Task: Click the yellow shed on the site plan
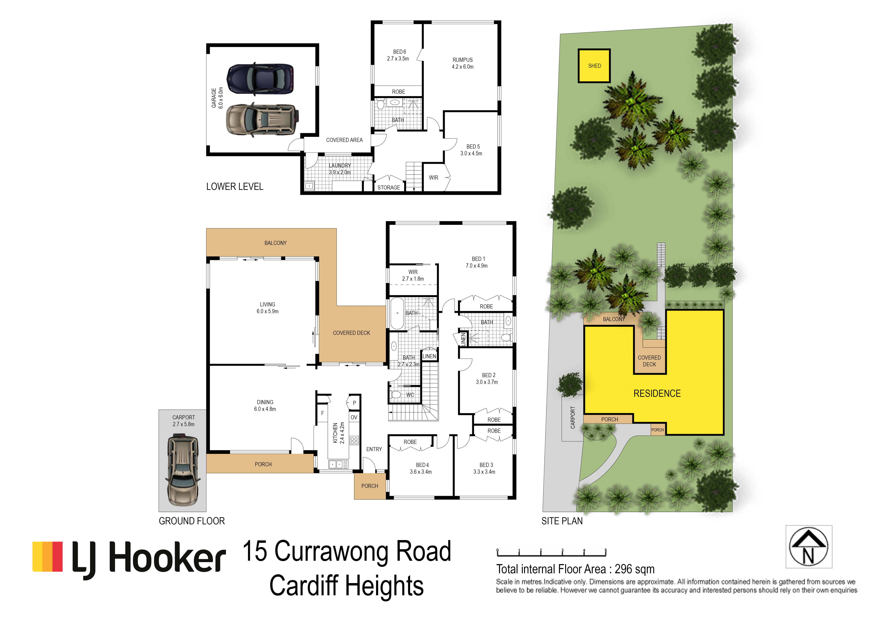click(x=594, y=66)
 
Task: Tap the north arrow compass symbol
click(x=809, y=547)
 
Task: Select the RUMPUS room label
click(x=463, y=60)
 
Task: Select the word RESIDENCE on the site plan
click(x=657, y=394)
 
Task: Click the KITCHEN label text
click(x=335, y=433)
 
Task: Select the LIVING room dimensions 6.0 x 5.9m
click(x=267, y=311)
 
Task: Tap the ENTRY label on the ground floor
click(x=374, y=449)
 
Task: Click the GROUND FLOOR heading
click(x=192, y=521)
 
